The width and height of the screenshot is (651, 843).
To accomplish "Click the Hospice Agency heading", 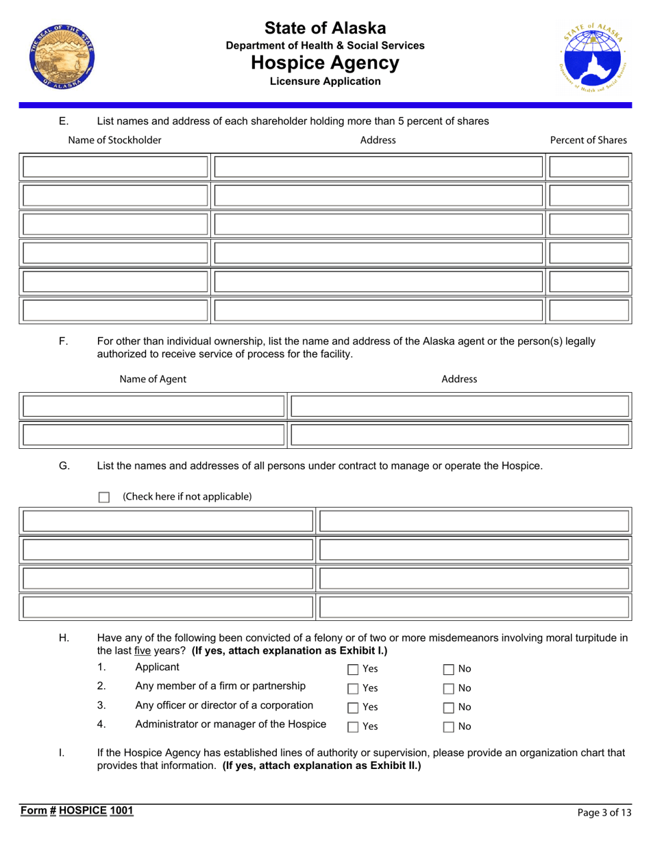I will tap(325, 63).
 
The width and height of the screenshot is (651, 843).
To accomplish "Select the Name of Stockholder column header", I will tap(115, 140).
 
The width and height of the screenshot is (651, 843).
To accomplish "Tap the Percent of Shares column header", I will tap(588, 140).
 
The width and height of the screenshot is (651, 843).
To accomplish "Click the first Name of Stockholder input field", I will tap(115, 167).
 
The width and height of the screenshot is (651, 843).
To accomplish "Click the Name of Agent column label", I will tap(152, 379).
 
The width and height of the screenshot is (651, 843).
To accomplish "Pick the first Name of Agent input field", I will tap(153, 406).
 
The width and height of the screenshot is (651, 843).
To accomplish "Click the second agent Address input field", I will tap(460, 435).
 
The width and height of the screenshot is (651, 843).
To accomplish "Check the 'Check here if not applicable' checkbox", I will tap(104, 497).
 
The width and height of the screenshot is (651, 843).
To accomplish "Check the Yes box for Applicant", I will tap(353, 669).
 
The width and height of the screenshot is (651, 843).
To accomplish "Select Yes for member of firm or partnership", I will tap(353, 688).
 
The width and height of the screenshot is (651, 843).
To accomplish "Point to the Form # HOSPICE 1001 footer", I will tap(76, 811).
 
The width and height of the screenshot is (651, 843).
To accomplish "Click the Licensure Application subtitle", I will tap(325, 82).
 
